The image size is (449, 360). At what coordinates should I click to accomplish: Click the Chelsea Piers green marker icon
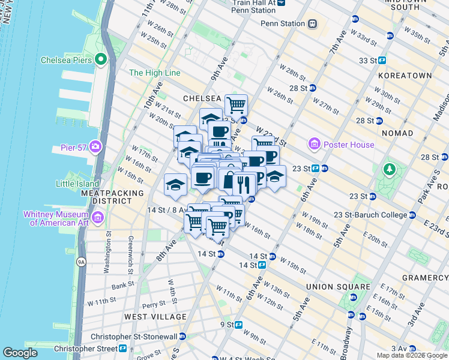[100, 59]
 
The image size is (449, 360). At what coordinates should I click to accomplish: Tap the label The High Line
[154, 73]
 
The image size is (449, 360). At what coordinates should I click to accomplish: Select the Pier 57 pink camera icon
[95, 146]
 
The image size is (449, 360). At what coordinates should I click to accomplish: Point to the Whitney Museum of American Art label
[56, 218]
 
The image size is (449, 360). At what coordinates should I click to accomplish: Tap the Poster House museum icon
[313, 144]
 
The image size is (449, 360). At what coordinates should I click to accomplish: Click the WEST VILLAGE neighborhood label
[155, 316]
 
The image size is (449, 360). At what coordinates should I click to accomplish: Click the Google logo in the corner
[20, 353]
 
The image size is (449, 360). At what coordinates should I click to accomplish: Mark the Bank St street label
[122, 285]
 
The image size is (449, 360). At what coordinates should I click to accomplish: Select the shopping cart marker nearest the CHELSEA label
[236, 105]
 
